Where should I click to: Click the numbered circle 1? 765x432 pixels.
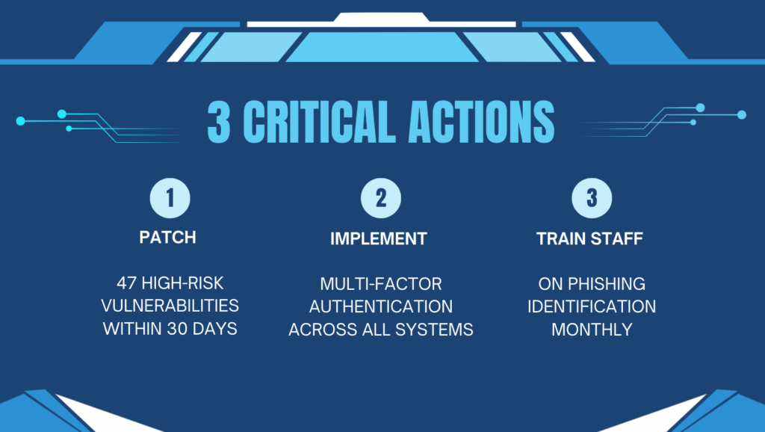click(x=170, y=198)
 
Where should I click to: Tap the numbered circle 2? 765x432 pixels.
click(x=381, y=198)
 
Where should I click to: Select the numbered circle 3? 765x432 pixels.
click(x=592, y=198)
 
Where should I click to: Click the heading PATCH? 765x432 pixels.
click(x=168, y=238)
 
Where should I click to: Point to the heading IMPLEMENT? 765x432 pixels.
click(x=379, y=239)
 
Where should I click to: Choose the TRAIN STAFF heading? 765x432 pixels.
click(x=592, y=239)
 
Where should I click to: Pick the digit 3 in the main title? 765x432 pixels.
click(x=219, y=122)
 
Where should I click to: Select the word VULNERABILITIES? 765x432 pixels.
click(x=170, y=306)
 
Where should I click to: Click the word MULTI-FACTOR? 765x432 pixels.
click(x=381, y=284)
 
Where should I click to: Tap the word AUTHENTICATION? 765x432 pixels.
click(x=381, y=306)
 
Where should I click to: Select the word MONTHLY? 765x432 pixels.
click(x=592, y=329)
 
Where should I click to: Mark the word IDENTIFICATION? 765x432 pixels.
click(x=592, y=306)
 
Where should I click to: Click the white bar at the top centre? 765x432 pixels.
click(x=381, y=24)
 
